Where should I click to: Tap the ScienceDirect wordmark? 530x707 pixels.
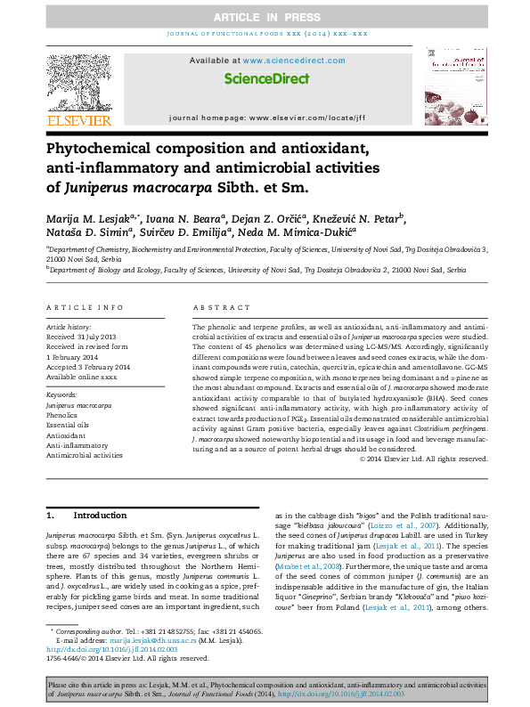pos(266,79)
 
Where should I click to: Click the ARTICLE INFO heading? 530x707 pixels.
pos(86,307)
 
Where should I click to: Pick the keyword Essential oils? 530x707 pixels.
pos(68,425)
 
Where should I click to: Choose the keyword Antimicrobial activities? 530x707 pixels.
pos(85,455)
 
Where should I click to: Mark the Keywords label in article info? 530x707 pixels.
pos(61,393)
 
